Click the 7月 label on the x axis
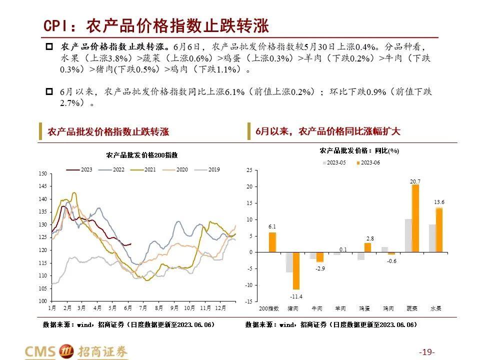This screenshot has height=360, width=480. point(143,308)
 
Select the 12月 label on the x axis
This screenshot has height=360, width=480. point(220,308)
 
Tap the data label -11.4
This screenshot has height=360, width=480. point(296,296)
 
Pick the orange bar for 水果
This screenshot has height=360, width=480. point(439,230)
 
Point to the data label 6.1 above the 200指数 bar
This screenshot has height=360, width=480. point(272,226)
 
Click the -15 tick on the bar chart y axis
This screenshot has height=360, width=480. point(249,301)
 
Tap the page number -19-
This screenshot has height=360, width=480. point(426,352)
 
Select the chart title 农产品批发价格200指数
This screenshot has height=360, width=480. point(141,155)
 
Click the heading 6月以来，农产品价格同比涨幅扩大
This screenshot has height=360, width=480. point(328,131)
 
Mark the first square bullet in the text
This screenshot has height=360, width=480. point(49,47)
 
